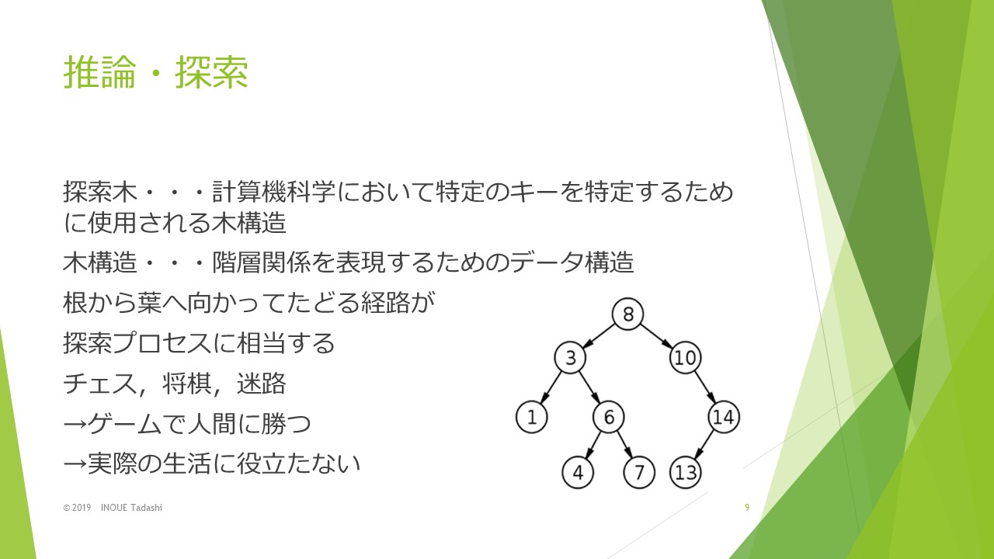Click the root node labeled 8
627,314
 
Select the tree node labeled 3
570,358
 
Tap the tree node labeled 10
685,358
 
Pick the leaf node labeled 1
532,417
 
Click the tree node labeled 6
608,417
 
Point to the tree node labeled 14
723,417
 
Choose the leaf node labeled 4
578,473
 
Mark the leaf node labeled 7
639,473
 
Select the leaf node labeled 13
685,473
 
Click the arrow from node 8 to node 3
599,336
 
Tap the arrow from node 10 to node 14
704,387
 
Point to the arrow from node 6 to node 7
624,445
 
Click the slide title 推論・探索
156,72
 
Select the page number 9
747,508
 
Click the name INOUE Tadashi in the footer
131,508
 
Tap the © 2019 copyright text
77,508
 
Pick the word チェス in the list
100,384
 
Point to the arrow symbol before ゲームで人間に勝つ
75,425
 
